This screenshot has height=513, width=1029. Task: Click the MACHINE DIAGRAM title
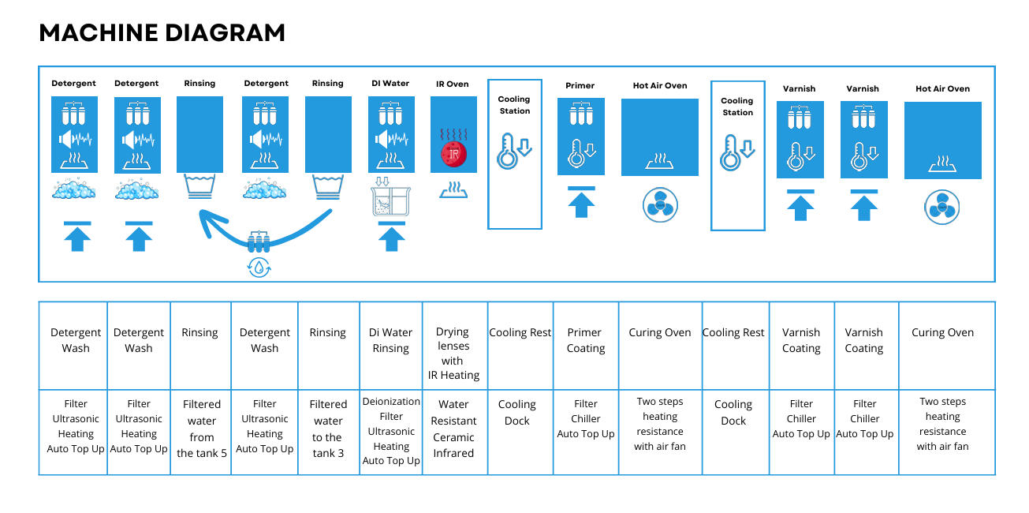pos(162,32)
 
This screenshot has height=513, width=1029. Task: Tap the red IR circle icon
pos(453,154)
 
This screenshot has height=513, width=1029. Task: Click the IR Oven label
pos(453,84)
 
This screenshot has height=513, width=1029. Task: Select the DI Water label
pos(390,83)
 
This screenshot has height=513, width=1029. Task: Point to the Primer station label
pos(580,85)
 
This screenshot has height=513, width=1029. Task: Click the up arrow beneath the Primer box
pos(581,203)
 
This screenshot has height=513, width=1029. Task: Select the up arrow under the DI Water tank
pos(392,237)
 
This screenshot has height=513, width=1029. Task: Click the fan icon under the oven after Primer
pos(659,204)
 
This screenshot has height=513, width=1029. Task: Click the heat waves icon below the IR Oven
pos(453,189)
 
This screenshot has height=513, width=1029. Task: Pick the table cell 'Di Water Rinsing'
pos(391,340)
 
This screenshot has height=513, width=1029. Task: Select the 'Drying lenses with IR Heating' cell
pos(453,353)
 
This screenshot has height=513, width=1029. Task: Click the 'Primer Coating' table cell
pos(586,340)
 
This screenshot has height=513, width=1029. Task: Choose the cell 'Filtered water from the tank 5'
pos(201,429)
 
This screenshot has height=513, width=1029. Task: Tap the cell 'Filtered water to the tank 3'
pos(328,429)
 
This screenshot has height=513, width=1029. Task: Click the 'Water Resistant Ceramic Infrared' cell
pos(453,429)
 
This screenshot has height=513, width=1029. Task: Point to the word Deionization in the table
pos(391,402)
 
